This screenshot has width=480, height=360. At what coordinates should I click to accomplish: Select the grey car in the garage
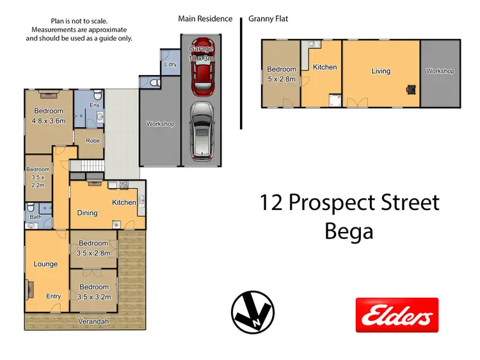click(203, 131)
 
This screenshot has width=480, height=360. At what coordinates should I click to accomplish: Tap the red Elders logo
click(397, 315)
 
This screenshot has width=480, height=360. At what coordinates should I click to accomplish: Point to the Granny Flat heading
click(268, 19)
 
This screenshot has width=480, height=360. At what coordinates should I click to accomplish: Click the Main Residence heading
click(205, 19)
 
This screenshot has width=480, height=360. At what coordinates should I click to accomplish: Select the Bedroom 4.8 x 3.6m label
click(49, 116)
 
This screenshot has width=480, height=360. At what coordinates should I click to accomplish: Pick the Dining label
click(87, 213)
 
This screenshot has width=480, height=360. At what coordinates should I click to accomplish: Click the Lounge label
click(45, 264)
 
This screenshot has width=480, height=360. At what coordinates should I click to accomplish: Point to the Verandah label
click(93, 321)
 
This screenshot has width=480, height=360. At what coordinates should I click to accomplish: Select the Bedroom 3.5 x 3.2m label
click(93, 292)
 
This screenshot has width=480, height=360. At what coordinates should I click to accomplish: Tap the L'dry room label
click(170, 65)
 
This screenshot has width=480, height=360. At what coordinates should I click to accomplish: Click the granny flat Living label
click(381, 71)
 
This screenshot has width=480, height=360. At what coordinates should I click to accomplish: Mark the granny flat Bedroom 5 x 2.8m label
click(282, 74)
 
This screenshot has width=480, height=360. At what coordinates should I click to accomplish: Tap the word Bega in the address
click(349, 231)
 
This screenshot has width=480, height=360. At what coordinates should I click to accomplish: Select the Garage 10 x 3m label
click(203, 53)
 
